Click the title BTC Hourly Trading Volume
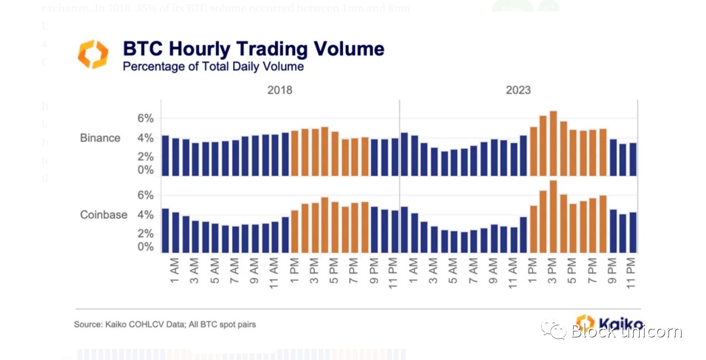point(253,49)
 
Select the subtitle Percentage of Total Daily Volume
point(213,67)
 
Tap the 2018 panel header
point(280,90)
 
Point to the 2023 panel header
point(518,90)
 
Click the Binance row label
point(100,138)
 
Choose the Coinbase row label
point(104,214)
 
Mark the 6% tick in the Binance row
point(146,119)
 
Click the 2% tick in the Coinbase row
point(146,234)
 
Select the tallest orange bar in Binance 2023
point(553,143)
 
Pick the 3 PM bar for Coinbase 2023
point(553,216)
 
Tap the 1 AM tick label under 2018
point(175,270)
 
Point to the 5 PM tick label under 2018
point(334,270)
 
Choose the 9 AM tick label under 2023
point(494,270)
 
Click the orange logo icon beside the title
point(93,54)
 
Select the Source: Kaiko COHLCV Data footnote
point(165,324)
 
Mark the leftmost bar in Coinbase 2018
point(165,230)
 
